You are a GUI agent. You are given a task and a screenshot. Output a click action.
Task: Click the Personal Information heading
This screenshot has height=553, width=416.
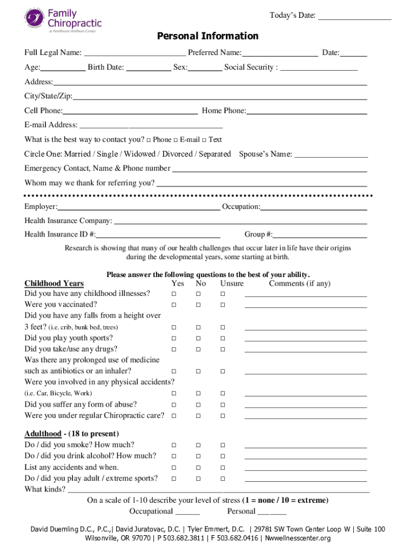[x=207, y=36]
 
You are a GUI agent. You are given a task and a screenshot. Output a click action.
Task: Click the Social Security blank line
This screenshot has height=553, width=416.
[x=319, y=70]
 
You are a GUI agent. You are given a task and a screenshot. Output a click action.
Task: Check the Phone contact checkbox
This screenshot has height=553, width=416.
[x=149, y=140]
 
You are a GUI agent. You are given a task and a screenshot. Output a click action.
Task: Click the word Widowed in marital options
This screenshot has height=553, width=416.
[x=142, y=154]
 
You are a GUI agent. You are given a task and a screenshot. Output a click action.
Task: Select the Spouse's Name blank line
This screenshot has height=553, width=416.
[x=332, y=157]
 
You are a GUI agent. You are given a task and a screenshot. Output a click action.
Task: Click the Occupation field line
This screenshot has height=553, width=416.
[x=314, y=210]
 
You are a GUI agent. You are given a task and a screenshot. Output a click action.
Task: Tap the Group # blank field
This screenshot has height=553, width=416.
[x=320, y=237]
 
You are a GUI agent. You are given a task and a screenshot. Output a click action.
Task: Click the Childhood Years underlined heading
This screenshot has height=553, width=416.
[x=54, y=284]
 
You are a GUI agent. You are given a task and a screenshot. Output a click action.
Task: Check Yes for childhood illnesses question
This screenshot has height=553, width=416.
[x=174, y=294]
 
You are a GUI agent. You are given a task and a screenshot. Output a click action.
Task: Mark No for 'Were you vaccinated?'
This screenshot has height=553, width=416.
[x=198, y=305]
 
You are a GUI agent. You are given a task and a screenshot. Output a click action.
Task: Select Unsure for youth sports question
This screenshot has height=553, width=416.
[x=223, y=339]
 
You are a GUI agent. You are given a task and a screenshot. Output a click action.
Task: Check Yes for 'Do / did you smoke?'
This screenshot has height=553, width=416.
[x=174, y=445]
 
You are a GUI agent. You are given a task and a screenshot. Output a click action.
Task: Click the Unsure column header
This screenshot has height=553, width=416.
[x=232, y=284]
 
